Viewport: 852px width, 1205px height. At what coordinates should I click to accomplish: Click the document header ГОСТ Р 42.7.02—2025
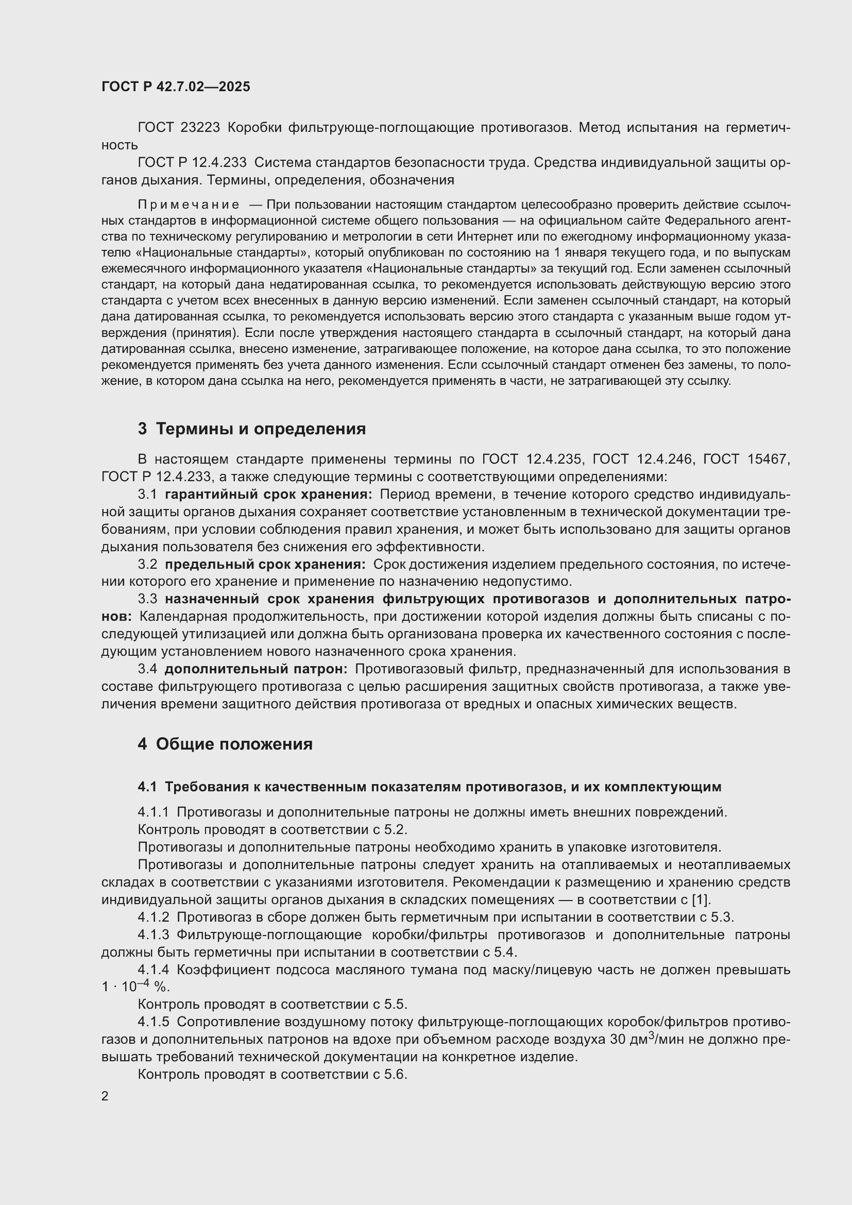pyautogui.click(x=176, y=87)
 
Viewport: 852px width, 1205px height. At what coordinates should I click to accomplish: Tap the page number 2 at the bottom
pyautogui.click(x=105, y=1096)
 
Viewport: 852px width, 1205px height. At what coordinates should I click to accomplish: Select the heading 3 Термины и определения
pyautogui.click(x=252, y=429)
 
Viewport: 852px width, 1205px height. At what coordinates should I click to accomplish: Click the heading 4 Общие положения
pyautogui.click(x=225, y=744)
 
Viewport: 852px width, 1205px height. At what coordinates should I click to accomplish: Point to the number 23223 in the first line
pyautogui.click(x=199, y=128)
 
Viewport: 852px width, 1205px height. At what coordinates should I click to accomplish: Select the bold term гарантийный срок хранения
pyautogui.click(x=268, y=495)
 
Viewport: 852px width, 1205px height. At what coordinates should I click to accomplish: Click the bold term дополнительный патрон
pyautogui.click(x=256, y=669)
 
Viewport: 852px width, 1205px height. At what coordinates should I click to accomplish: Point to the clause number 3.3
pyautogui.click(x=147, y=599)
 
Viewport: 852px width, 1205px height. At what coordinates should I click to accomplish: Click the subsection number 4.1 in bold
pyautogui.click(x=147, y=787)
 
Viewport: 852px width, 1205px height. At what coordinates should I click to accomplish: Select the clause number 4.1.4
pyautogui.click(x=153, y=970)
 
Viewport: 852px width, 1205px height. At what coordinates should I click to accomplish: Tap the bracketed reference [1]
pyautogui.click(x=701, y=900)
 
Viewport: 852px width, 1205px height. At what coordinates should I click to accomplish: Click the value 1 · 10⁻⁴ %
pyautogui.click(x=135, y=987)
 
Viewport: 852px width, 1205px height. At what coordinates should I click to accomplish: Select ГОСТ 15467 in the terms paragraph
pyautogui.click(x=746, y=459)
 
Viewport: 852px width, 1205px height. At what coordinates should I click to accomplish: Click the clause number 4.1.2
pyautogui.click(x=153, y=918)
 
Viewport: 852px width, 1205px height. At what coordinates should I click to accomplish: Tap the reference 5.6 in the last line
pyautogui.click(x=396, y=1074)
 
